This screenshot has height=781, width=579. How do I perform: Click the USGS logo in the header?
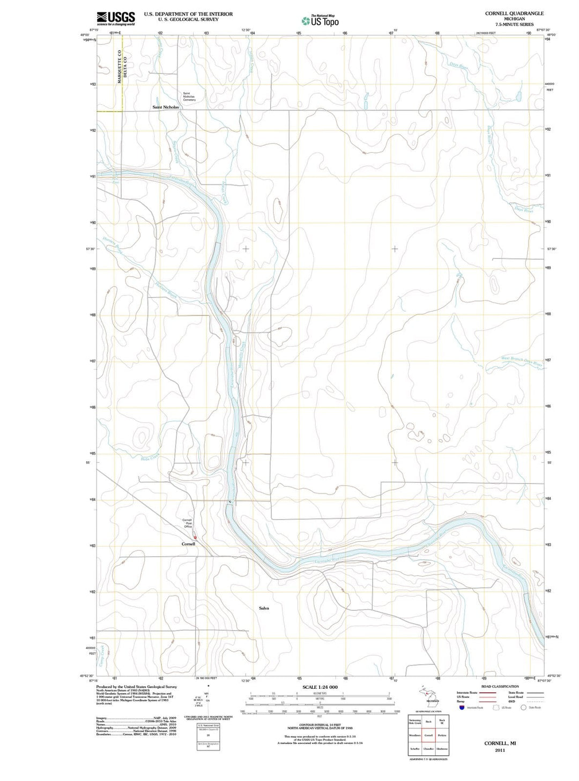115,18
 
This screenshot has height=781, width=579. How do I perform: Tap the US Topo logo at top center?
320,21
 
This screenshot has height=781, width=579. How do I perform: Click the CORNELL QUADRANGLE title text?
514,13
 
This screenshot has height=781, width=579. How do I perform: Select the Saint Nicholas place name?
166,107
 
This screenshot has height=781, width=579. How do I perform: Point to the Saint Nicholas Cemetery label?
189,97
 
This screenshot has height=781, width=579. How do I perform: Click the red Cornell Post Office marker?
195,536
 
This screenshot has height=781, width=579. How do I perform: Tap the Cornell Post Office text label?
188,523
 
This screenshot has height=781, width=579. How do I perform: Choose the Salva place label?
264,608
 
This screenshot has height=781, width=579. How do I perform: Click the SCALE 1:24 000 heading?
320,687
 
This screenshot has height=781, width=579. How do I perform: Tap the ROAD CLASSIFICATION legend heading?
500,687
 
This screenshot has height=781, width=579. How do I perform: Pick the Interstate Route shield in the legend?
462,708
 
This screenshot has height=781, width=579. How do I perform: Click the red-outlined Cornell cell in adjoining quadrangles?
428,735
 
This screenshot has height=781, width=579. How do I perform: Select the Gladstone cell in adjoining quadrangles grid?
442,749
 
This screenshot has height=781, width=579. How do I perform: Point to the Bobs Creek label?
150,458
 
